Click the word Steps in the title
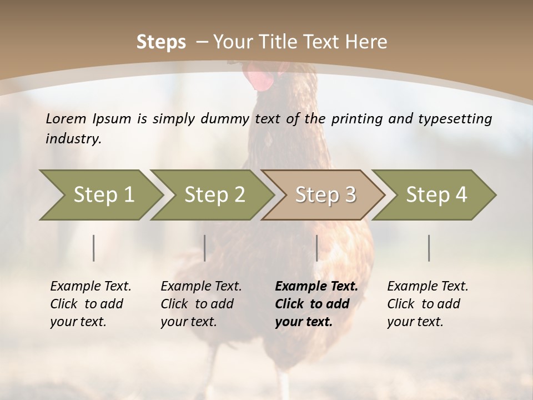161,42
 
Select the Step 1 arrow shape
100,195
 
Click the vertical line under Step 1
94,248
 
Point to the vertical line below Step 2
205,248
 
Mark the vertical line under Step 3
317,248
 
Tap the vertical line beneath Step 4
429,248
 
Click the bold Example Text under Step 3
316,304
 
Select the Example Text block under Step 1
90,304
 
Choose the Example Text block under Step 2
201,304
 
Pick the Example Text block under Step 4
427,304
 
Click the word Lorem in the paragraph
66,119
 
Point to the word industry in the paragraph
73,139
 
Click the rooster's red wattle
262,80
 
